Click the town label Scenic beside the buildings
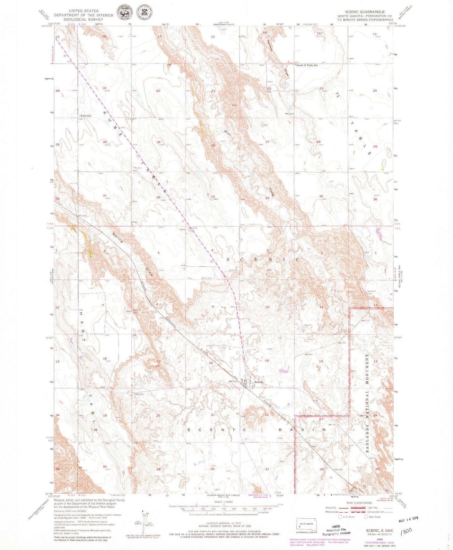click(259, 382)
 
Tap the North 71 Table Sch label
click(307, 65)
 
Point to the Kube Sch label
click(86, 116)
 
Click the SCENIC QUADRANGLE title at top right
click(365, 12)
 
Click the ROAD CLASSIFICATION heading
click(359, 503)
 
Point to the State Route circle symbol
click(366, 517)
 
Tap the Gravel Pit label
click(233, 270)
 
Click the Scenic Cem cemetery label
click(207, 278)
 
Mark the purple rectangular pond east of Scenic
click(283, 371)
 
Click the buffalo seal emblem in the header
click(125, 13)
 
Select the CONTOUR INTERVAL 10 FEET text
click(224, 523)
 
